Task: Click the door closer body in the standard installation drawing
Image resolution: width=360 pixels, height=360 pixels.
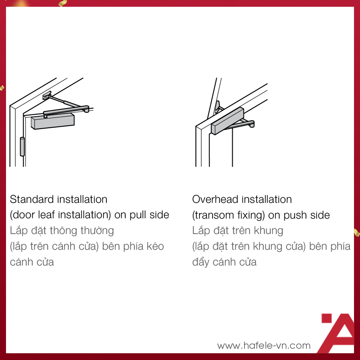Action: click(x=53, y=121)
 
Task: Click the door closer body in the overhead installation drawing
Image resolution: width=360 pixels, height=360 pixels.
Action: click(x=227, y=121)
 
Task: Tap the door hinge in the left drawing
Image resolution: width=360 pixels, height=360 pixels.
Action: click(x=22, y=147)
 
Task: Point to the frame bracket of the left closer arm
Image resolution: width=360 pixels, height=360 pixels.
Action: click(x=47, y=95)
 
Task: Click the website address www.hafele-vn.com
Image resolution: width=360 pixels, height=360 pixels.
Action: click(x=264, y=345)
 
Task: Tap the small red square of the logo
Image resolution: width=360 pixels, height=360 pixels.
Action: click(x=327, y=318)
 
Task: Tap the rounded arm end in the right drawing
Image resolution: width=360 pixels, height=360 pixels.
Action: click(x=252, y=124)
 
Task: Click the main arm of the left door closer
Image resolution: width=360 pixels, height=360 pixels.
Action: click(x=66, y=110)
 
